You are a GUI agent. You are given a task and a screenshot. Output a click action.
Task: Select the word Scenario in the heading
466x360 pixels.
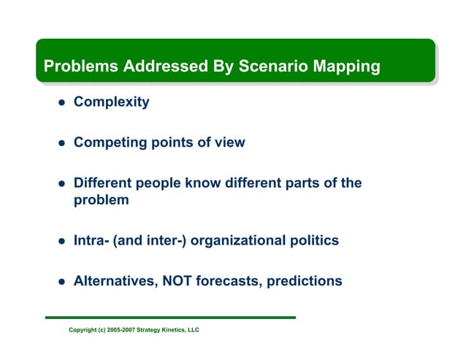coord(271,66)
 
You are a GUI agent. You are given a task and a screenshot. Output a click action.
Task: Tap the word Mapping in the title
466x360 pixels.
coord(346,66)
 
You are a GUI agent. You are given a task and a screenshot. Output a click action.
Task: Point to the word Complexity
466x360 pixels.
coord(111,102)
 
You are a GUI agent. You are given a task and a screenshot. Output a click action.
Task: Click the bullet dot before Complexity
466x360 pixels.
coord(62,103)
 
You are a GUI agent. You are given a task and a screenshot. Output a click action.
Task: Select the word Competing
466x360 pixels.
coord(109,143)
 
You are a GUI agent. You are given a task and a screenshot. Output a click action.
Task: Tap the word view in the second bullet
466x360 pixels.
coord(229,142)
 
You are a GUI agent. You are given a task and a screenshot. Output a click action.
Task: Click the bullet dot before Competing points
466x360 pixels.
coord(62,144)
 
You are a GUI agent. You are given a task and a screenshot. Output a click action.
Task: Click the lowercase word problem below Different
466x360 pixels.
coord(102,200)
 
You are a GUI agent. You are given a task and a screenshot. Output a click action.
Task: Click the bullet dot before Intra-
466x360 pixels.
coord(62,241)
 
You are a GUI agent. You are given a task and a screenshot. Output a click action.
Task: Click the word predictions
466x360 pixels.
coord(305,280)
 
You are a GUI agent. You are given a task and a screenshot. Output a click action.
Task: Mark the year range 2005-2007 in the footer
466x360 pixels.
coord(120,330)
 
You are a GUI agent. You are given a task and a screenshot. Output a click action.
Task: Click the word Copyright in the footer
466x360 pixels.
coord(83,330)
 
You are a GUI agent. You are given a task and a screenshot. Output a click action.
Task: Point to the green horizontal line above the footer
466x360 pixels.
coord(170,318)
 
